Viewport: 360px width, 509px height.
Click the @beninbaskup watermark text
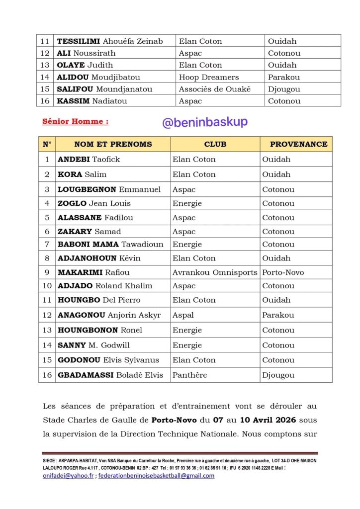(x=205, y=122)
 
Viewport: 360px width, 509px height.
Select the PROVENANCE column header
(x=298, y=144)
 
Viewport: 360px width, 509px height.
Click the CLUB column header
(x=215, y=144)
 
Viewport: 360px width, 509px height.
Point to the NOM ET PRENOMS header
(x=113, y=144)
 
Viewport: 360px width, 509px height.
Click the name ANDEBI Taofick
(x=89, y=160)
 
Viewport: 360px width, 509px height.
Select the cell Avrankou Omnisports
(x=215, y=272)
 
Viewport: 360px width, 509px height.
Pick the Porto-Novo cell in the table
(x=283, y=272)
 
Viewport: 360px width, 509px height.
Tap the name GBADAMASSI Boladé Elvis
(x=110, y=375)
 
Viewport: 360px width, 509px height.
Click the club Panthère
(x=189, y=375)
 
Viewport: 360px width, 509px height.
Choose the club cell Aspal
(x=183, y=315)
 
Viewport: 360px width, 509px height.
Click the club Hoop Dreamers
(x=209, y=77)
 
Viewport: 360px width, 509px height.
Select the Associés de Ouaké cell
(x=215, y=89)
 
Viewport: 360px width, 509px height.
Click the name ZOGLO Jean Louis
(x=94, y=203)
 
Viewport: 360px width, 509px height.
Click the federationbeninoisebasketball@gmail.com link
(x=157, y=476)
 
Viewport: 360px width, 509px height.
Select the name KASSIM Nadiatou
(x=92, y=101)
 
